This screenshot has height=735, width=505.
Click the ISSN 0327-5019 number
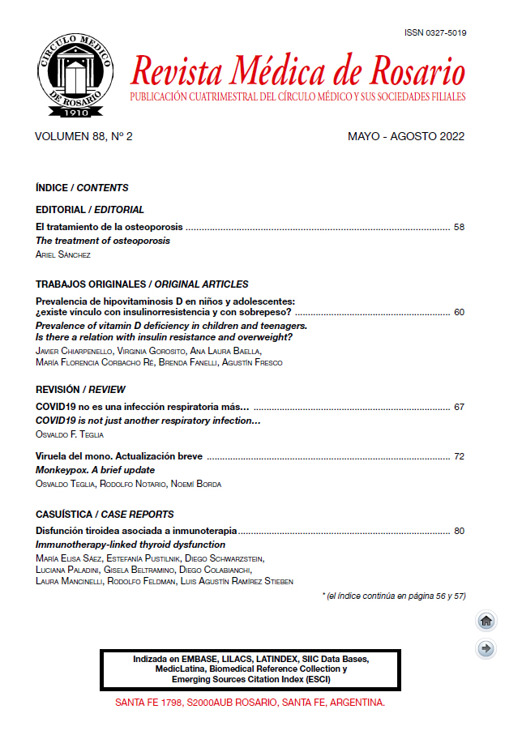coord(434,33)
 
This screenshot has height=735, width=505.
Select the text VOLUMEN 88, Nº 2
coord(83,137)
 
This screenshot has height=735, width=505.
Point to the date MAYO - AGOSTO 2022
coord(405,137)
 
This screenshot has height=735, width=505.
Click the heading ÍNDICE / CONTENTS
coord(82,187)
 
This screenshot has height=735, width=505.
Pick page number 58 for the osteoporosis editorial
coord(459,227)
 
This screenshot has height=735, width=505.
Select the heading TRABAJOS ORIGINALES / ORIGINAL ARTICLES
coord(142,284)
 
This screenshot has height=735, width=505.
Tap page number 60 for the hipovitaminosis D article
coord(459,312)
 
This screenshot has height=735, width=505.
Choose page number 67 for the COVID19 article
coord(459,406)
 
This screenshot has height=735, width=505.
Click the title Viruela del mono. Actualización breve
coord(119,456)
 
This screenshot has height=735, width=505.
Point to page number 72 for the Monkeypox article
coord(459,456)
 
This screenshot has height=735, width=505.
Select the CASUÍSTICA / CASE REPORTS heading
coord(105,515)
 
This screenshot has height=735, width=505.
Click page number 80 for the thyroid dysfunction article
coord(459,531)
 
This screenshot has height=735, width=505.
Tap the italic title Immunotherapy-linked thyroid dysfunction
coord(131,545)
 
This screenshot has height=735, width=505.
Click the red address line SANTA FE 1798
coord(250,701)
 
